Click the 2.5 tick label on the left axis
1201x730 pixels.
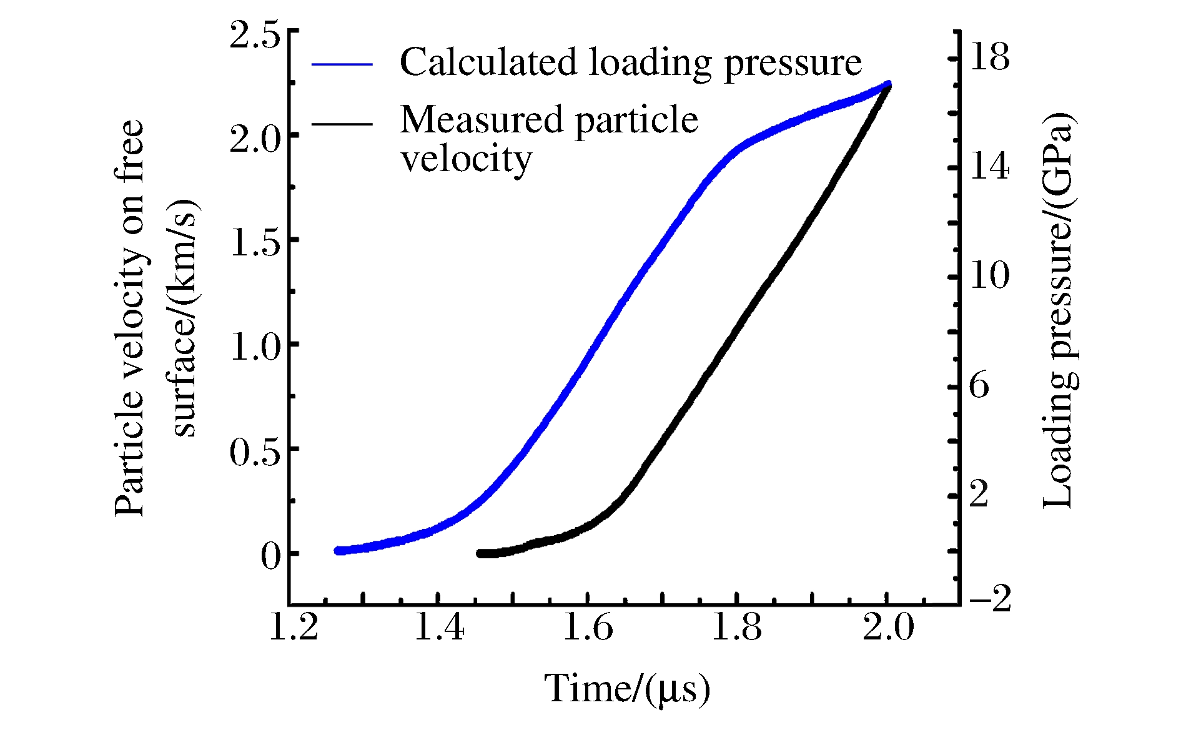click(255, 35)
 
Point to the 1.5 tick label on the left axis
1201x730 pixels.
click(255, 243)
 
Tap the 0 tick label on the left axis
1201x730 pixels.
click(271, 556)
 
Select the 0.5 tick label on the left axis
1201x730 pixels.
click(255, 452)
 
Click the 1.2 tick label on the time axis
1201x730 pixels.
click(293, 627)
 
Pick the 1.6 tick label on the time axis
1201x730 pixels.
click(588, 627)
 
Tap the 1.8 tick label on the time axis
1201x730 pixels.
click(737, 627)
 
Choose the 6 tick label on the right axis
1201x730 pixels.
click(979, 385)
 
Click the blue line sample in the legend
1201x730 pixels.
click(342, 64)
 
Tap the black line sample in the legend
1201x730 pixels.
click(342, 124)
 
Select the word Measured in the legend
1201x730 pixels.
click(482, 119)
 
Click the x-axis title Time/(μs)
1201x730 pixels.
click(627, 689)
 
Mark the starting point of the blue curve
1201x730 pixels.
click(338, 551)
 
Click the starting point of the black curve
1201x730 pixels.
click(480, 553)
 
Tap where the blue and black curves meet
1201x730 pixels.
click(888, 85)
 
